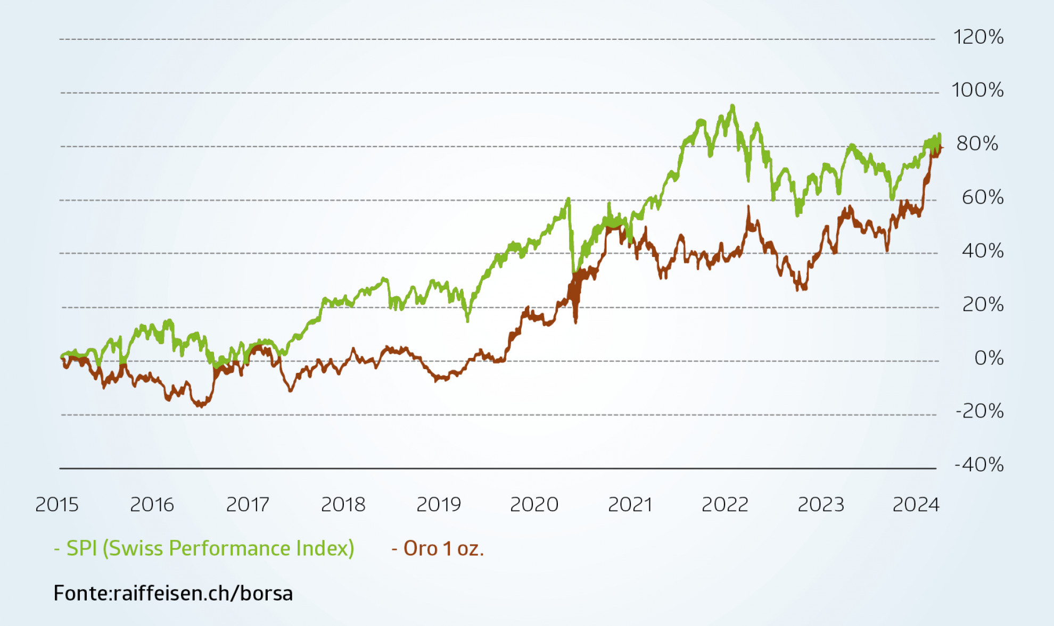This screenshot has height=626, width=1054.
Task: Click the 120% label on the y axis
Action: tap(978, 37)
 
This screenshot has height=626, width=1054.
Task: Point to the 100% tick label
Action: tap(977, 90)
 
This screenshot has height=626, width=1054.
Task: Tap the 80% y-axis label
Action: tap(977, 144)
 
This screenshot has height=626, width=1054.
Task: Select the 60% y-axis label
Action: tap(983, 197)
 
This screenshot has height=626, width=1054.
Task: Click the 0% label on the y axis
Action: tap(989, 358)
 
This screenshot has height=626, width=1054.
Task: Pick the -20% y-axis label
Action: tap(979, 411)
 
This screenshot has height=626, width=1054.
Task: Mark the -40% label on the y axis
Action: tap(979, 465)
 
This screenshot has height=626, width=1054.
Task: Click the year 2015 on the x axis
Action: tap(57, 504)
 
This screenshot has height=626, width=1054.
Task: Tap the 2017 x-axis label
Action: tap(248, 504)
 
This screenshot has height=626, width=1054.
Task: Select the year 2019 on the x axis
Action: tap(438, 504)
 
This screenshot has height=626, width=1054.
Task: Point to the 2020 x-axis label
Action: tap(534, 504)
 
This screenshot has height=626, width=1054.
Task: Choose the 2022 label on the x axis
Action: tap(724, 504)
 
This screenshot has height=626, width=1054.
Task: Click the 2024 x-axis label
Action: tap(916, 504)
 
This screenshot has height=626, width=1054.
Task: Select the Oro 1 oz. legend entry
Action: tap(438, 548)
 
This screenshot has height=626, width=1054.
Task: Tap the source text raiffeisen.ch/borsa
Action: tap(203, 593)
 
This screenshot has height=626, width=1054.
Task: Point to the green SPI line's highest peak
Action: tap(732, 106)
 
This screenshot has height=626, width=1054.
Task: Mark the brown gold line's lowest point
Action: tap(201, 406)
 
